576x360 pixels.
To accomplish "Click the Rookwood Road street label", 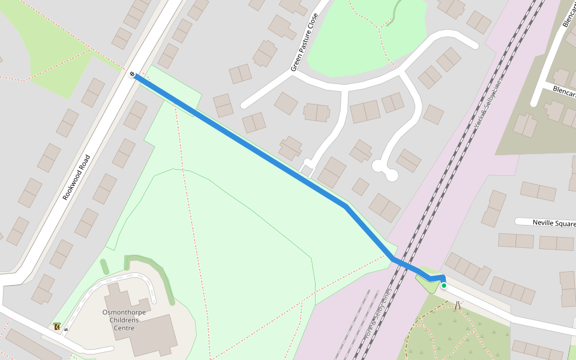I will pos(76,178).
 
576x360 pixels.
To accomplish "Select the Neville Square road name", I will pos(554,223).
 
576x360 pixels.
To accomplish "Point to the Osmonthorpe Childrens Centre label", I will pos(124,320).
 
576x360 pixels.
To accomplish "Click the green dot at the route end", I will pos(444,286).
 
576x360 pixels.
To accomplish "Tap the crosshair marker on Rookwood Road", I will pos(132,74).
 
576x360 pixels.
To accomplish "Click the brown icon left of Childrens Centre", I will pos(56,327).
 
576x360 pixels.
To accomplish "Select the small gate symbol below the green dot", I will pos(458,305).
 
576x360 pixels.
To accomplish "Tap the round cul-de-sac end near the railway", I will pos(391,175).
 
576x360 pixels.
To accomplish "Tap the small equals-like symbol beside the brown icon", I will pos(66,329).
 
